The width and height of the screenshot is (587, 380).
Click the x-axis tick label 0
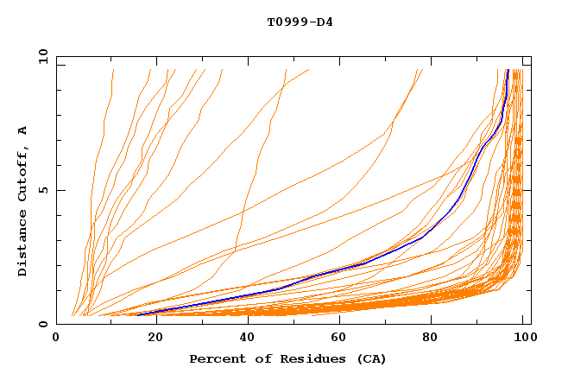coord(56,339)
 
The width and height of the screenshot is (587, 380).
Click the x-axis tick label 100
coord(523,339)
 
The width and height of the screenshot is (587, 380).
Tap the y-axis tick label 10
coord(41,56)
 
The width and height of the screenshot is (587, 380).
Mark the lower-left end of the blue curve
coord(137,314)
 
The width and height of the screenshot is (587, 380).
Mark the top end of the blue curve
coord(508,70)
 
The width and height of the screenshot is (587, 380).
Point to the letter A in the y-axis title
coord(23,130)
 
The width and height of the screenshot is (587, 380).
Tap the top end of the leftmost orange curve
coord(113,70)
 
